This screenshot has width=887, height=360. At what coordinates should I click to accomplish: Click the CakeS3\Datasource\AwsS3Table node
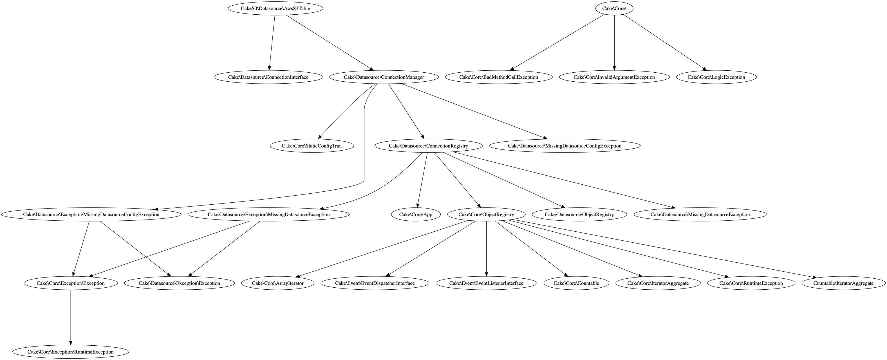(275, 8)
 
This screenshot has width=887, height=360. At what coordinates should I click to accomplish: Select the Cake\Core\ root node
(614, 8)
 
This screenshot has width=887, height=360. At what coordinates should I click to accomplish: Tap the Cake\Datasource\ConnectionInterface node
(268, 77)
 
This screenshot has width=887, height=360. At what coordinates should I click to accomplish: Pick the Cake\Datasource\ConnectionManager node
(384, 77)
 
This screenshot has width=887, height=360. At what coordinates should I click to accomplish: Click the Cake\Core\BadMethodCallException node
(498, 77)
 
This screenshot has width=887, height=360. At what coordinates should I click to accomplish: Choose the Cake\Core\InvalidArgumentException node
(614, 77)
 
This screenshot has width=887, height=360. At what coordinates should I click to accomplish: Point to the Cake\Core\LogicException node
(716, 77)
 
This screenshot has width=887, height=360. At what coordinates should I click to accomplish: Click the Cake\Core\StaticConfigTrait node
(312, 146)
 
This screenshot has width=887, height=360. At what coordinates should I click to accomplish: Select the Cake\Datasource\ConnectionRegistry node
(428, 146)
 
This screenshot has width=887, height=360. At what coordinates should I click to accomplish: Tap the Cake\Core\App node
(416, 215)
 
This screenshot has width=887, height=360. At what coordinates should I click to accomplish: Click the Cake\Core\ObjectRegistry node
(486, 215)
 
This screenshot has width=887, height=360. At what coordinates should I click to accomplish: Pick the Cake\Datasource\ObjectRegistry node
(579, 215)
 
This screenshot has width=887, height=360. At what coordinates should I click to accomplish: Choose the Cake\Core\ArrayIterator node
(277, 283)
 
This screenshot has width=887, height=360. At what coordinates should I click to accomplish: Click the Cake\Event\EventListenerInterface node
(486, 283)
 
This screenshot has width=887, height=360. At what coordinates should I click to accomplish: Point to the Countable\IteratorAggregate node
(843, 283)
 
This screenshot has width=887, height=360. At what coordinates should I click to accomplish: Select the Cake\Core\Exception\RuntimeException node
(71, 352)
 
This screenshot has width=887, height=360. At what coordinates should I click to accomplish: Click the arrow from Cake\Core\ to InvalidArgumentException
(614, 41)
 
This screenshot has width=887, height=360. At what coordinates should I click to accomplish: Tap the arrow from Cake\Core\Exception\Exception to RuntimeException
(71, 317)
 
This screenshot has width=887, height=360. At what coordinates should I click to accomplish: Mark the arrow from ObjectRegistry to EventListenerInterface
(486, 248)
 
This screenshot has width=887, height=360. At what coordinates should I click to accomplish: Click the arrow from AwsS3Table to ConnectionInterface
(272, 41)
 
